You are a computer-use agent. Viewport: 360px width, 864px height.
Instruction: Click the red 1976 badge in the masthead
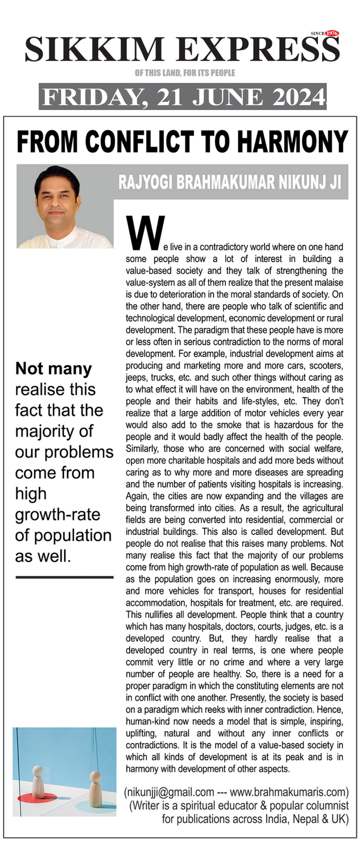332,33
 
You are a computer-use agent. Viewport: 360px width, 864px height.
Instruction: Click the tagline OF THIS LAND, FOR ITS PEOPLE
185,73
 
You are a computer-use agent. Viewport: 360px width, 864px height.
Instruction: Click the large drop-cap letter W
145,233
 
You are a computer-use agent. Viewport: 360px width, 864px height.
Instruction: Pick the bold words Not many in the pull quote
54,369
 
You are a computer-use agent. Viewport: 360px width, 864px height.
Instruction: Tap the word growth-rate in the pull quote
58,514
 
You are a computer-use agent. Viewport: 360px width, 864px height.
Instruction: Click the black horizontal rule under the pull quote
64,577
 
